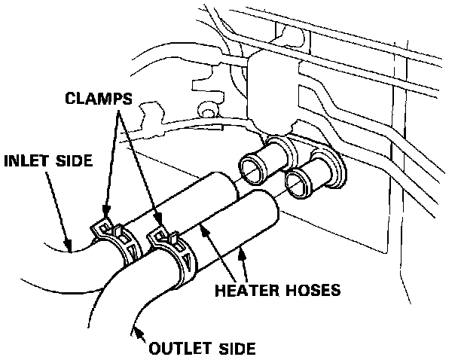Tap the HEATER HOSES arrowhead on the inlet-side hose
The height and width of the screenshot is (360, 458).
coord(203,224)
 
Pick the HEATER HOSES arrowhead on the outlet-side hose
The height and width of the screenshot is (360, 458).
coord(243,252)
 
